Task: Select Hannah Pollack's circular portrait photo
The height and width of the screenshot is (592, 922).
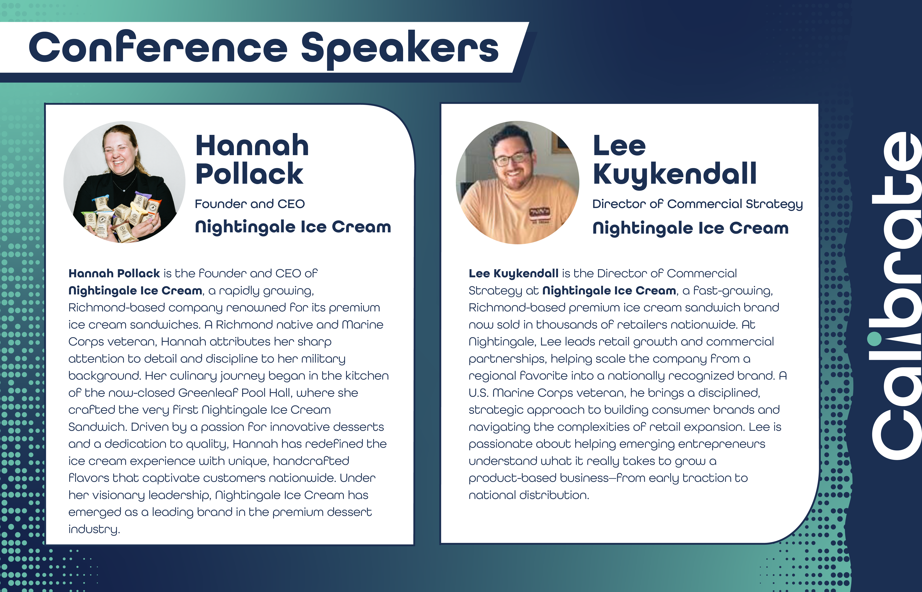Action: coord(124,182)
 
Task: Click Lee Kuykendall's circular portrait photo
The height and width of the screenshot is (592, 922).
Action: coord(517,183)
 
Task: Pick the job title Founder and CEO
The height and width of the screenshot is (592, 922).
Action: coord(250,204)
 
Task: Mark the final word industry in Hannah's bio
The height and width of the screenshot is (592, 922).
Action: coord(94,529)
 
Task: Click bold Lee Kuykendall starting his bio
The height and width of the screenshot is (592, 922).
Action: coord(513,273)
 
